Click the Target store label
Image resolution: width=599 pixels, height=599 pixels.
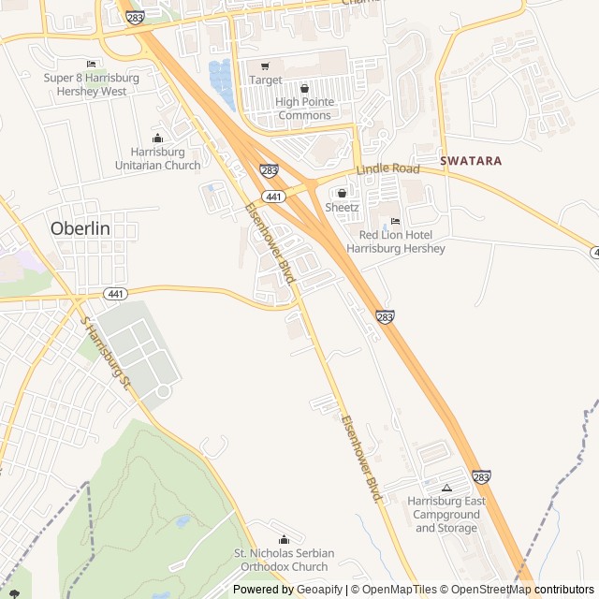click(265, 80)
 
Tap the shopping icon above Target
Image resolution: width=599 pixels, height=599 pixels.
click(265, 66)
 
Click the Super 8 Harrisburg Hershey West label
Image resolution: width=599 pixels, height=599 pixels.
click(92, 84)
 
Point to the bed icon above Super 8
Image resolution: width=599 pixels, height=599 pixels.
click(91, 64)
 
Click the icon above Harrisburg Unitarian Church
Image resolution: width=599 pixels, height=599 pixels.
click(157, 139)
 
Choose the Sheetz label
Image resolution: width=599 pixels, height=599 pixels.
click(341, 207)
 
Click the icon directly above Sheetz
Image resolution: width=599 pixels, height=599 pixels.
click(341, 193)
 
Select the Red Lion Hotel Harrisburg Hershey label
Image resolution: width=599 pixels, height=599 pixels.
click(395, 242)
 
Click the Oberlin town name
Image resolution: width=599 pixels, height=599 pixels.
click(80, 228)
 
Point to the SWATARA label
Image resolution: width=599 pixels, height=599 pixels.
click(471, 161)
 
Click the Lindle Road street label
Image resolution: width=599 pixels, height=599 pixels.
click(387, 169)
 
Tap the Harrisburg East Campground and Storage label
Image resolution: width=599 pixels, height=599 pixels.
click(446, 515)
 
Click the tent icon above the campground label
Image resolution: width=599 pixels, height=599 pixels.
click(446, 488)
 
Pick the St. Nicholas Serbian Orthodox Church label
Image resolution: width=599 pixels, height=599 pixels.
click(284, 560)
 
